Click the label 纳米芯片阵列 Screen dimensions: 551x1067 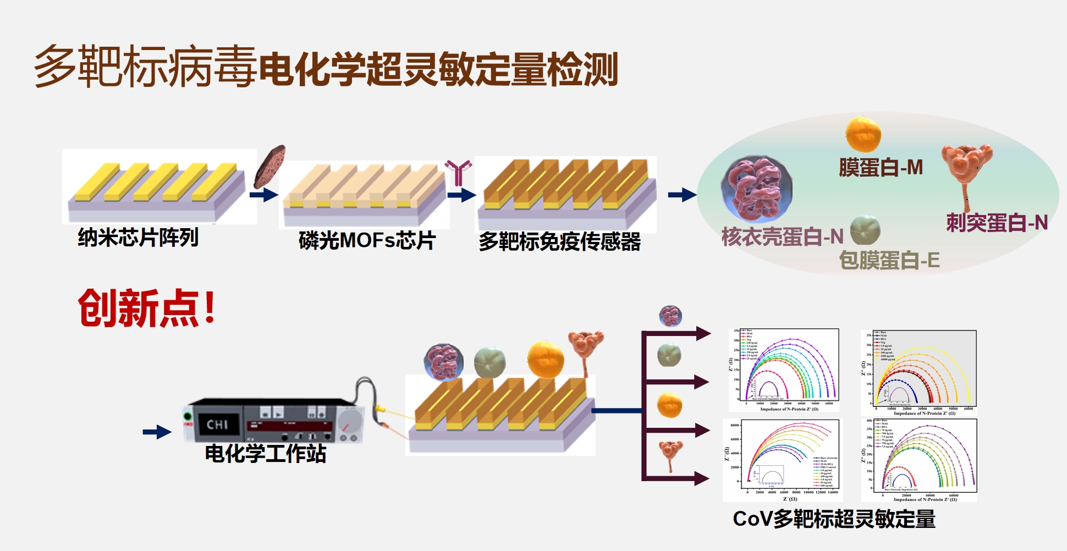point(138,238)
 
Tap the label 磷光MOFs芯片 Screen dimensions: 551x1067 point(367,241)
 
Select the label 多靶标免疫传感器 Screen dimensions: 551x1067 point(559,241)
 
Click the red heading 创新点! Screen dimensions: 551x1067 point(146,308)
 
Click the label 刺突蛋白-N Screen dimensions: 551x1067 point(997,223)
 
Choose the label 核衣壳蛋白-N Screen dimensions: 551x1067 point(782,236)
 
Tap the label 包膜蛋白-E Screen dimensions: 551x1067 point(889,260)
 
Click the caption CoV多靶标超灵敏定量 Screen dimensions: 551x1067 point(834,519)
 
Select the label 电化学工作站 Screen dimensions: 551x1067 point(266,454)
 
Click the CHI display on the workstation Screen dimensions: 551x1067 point(218,424)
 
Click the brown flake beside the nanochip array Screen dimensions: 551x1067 point(270,166)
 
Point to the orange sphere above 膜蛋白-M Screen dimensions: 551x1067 point(863,134)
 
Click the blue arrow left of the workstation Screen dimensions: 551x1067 point(157,432)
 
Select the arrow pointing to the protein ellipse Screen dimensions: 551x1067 point(682,195)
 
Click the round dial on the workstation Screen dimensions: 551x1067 point(349,422)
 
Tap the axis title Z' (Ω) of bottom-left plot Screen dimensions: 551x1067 point(789,499)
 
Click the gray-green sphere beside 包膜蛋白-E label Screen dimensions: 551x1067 point(865,230)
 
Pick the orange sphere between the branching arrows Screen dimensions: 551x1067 point(669,405)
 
